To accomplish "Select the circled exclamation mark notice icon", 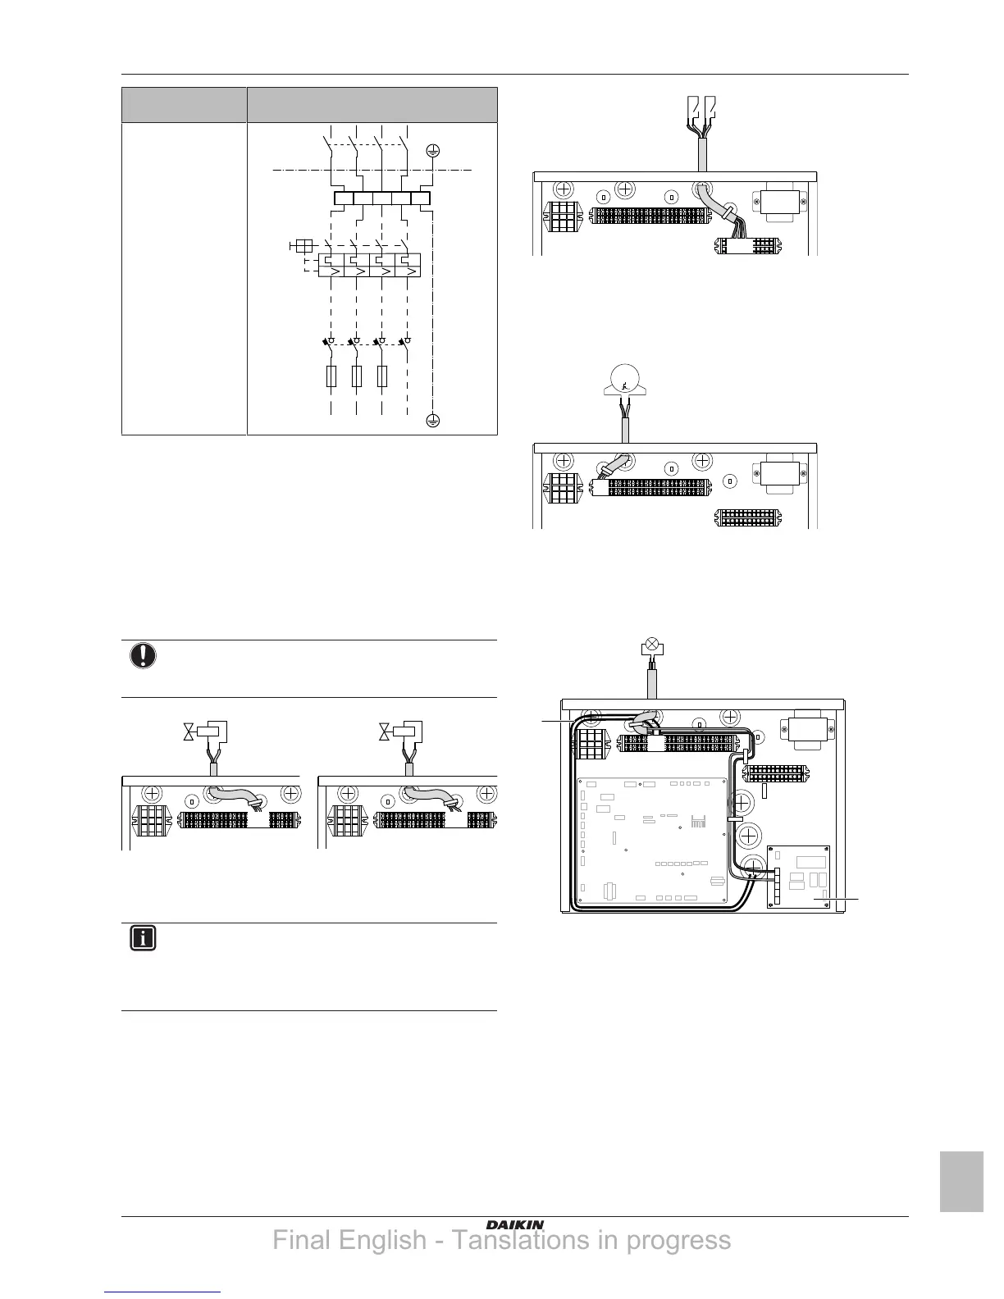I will [x=143, y=656].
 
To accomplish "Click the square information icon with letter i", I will [x=143, y=939].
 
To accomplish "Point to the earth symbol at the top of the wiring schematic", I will [x=433, y=151].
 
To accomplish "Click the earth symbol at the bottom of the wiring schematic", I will [x=433, y=421].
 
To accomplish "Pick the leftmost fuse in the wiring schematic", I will [x=331, y=376].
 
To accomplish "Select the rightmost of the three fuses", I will [x=381, y=376].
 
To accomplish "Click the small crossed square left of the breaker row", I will [x=301, y=245].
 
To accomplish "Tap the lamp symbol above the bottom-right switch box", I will [x=651, y=646].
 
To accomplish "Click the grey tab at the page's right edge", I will [x=961, y=1181].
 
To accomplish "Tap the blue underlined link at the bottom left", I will [x=163, y=1293].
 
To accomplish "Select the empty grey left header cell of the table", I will [x=184, y=105].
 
